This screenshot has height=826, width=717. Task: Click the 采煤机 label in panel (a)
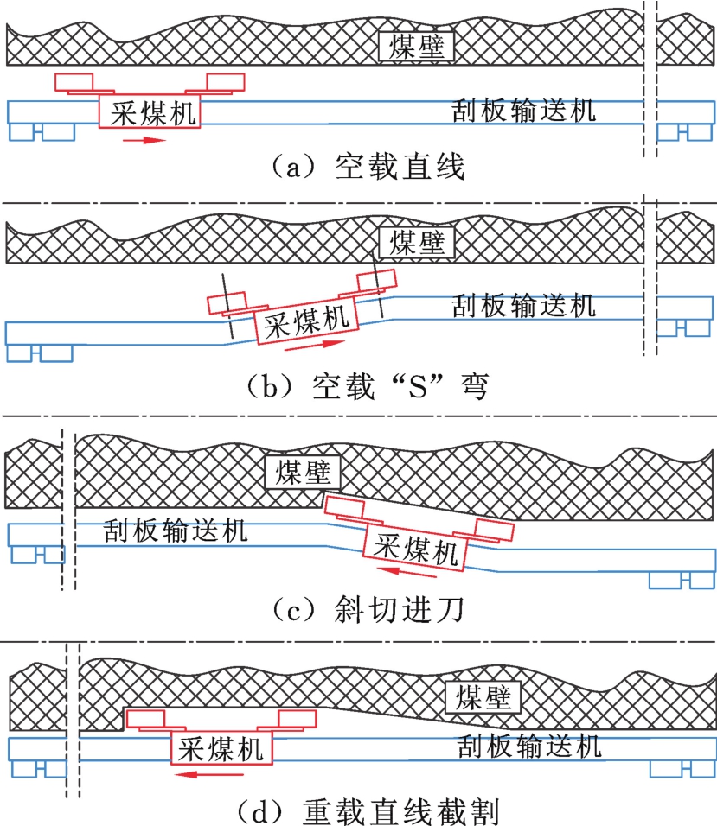point(150,111)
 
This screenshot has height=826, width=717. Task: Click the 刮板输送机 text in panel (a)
point(524,112)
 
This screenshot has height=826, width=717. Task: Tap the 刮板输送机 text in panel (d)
point(529,745)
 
